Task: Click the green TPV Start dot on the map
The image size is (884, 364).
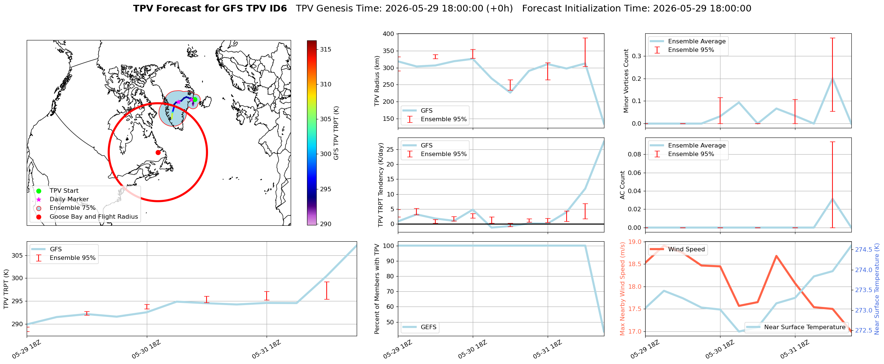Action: tap(195, 99)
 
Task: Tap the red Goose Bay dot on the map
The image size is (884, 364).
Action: tap(158, 152)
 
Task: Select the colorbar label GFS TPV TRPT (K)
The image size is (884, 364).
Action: tap(336, 133)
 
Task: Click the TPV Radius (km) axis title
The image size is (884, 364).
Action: tap(377, 81)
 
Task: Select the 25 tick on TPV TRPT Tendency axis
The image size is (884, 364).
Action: tap(390, 149)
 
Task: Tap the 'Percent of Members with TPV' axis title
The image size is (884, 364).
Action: tap(377, 289)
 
